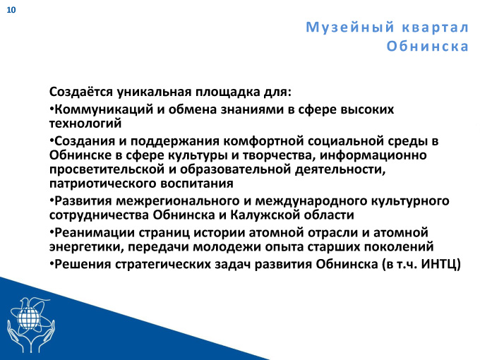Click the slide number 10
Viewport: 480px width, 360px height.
[x=11, y=10]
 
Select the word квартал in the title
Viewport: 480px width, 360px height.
[x=436, y=28]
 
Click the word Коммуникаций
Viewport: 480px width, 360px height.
[x=104, y=109]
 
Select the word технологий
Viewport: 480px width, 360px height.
[x=85, y=124]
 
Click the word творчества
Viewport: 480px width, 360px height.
[x=280, y=155]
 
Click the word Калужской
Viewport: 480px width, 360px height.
[x=265, y=215]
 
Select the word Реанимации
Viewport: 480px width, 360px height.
[x=95, y=233]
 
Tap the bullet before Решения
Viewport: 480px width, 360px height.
[x=52, y=263]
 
